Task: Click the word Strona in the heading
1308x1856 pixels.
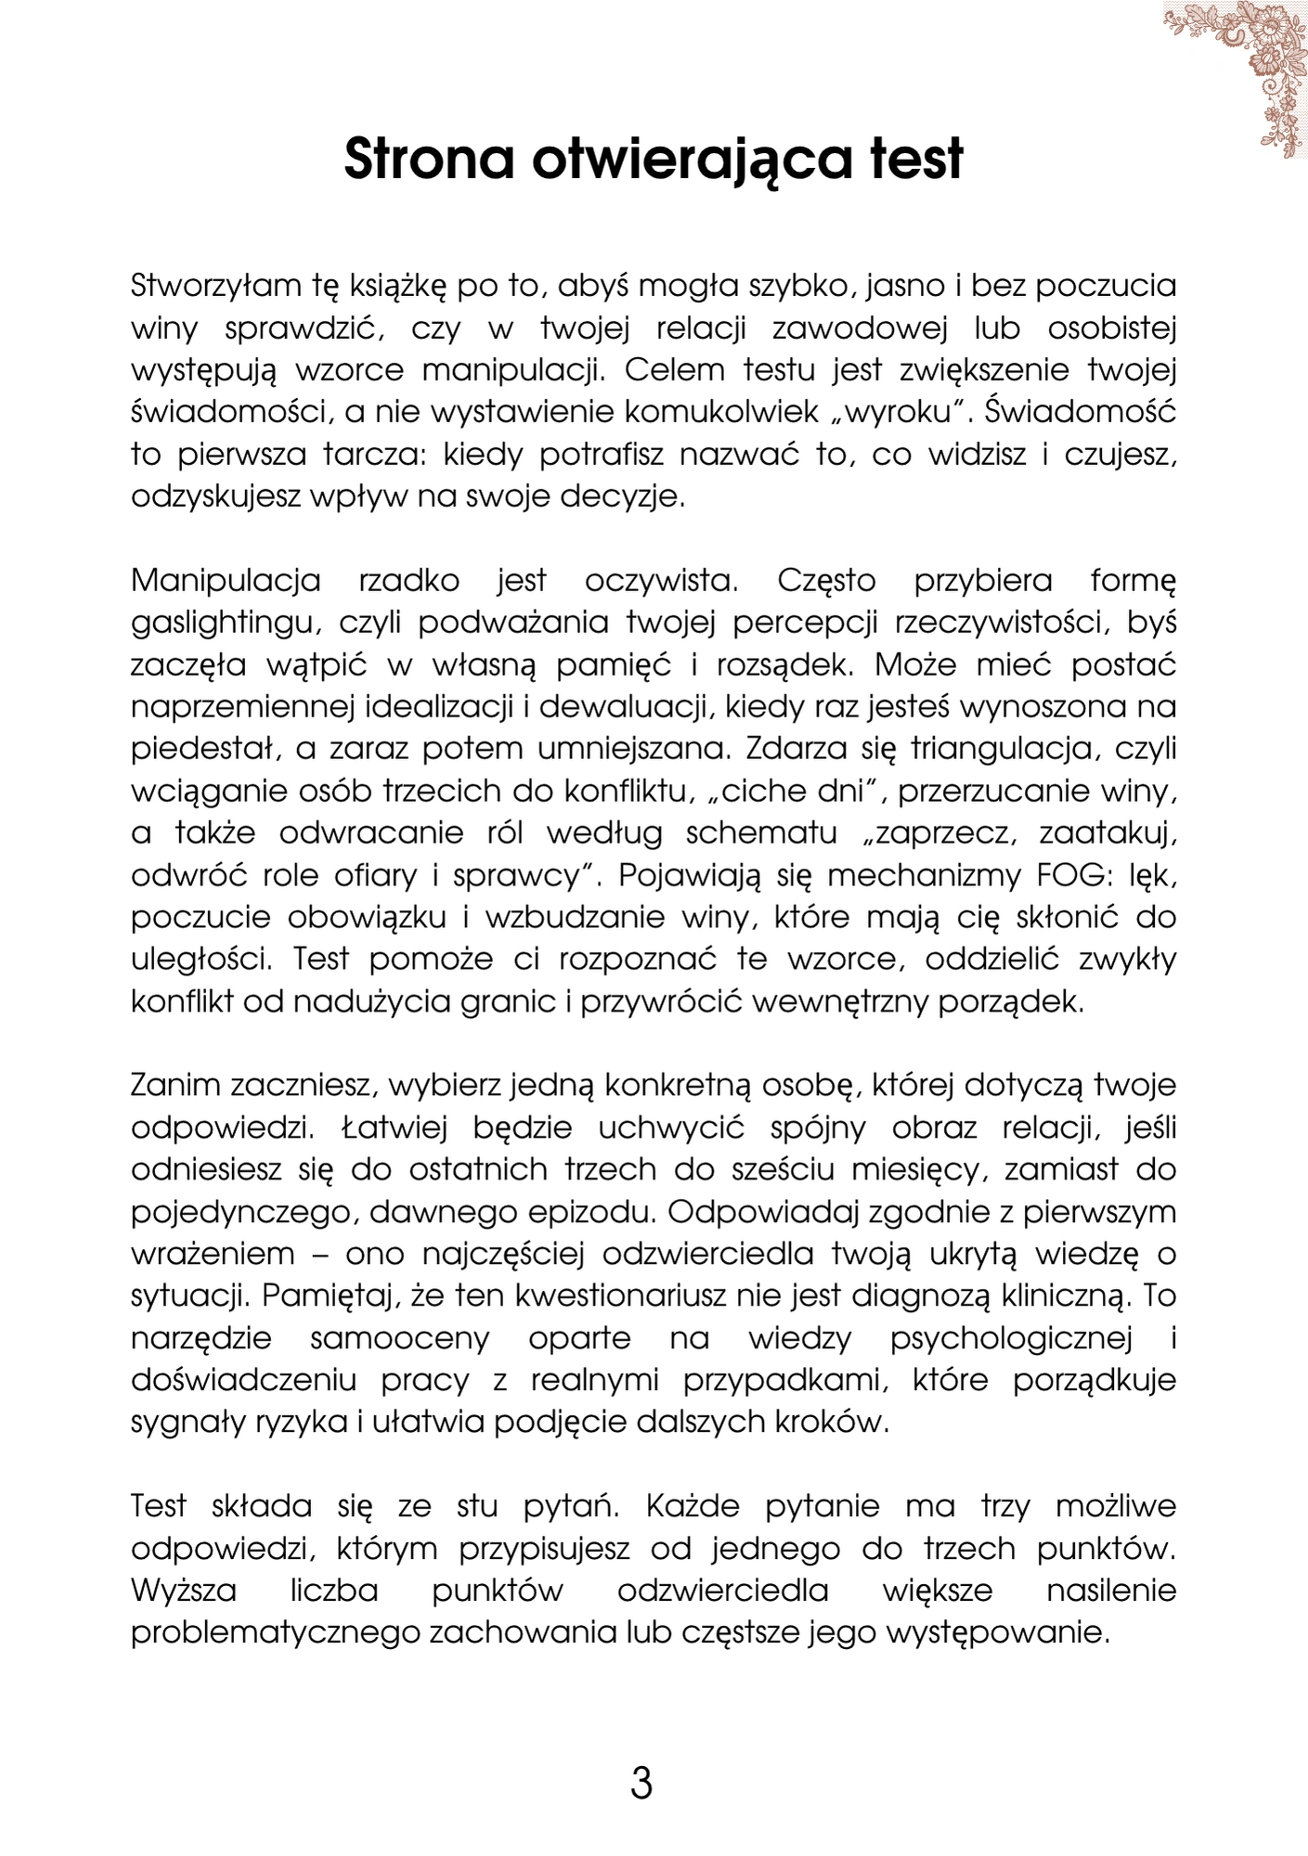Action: click(429, 159)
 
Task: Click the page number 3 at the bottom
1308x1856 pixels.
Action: click(641, 1784)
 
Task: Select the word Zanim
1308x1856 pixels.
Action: click(175, 1086)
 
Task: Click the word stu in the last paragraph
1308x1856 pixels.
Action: click(477, 1506)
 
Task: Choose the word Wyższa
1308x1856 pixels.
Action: click(184, 1591)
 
